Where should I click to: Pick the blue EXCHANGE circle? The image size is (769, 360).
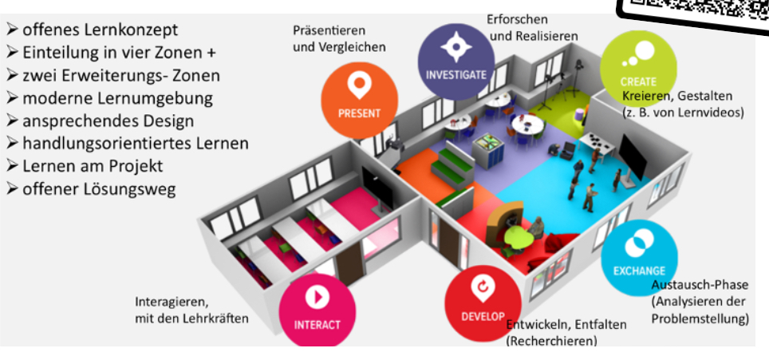(639, 255)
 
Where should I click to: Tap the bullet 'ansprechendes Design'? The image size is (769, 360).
(108, 121)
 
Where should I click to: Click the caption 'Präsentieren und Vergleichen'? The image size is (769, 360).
(338, 38)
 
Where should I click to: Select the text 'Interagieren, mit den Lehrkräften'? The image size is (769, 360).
(191, 311)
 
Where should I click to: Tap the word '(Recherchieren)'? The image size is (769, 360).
(551, 341)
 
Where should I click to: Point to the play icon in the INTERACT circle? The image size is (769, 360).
(317, 298)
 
